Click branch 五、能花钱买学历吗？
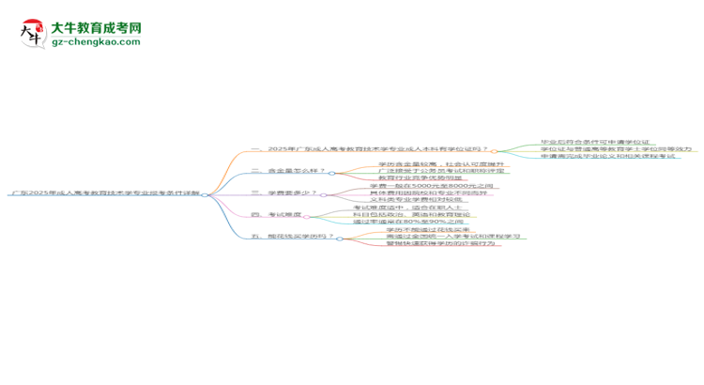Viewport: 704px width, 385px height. pyautogui.click(x=293, y=237)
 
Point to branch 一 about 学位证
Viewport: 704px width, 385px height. pyautogui.click(x=369, y=150)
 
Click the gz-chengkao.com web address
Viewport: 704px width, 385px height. pyautogui.click(x=97, y=42)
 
